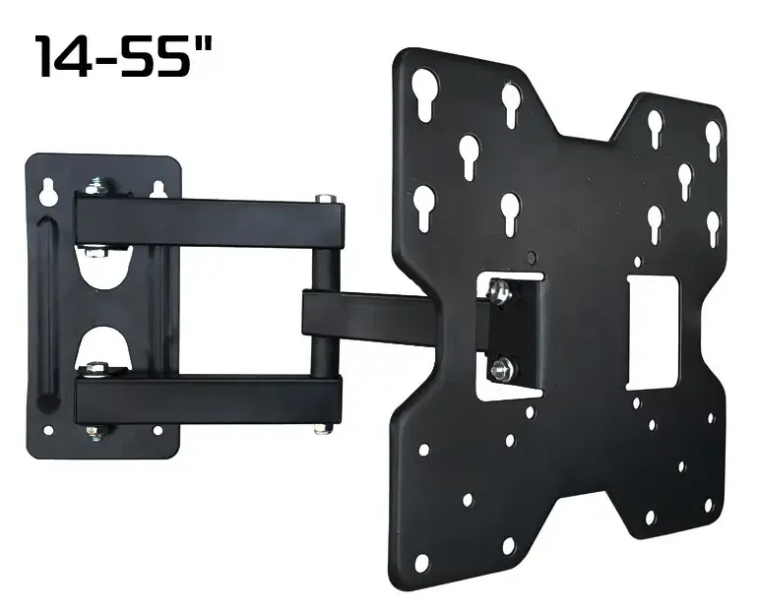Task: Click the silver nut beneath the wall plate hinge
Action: (95, 430)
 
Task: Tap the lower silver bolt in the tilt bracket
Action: (502, 367)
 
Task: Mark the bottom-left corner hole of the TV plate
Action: (420, 564)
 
